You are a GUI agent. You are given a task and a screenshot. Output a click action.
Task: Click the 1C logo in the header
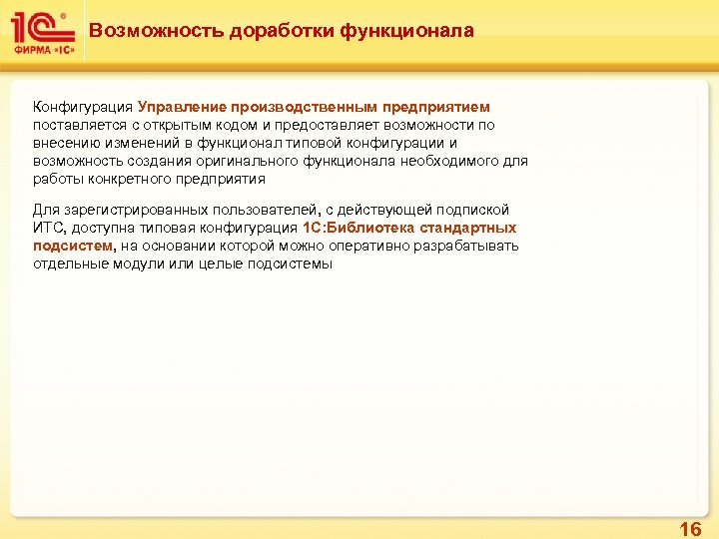[38, 27]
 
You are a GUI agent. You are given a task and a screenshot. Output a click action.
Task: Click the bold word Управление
[182, 107]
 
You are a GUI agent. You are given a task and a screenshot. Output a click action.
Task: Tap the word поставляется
[78, 125]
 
